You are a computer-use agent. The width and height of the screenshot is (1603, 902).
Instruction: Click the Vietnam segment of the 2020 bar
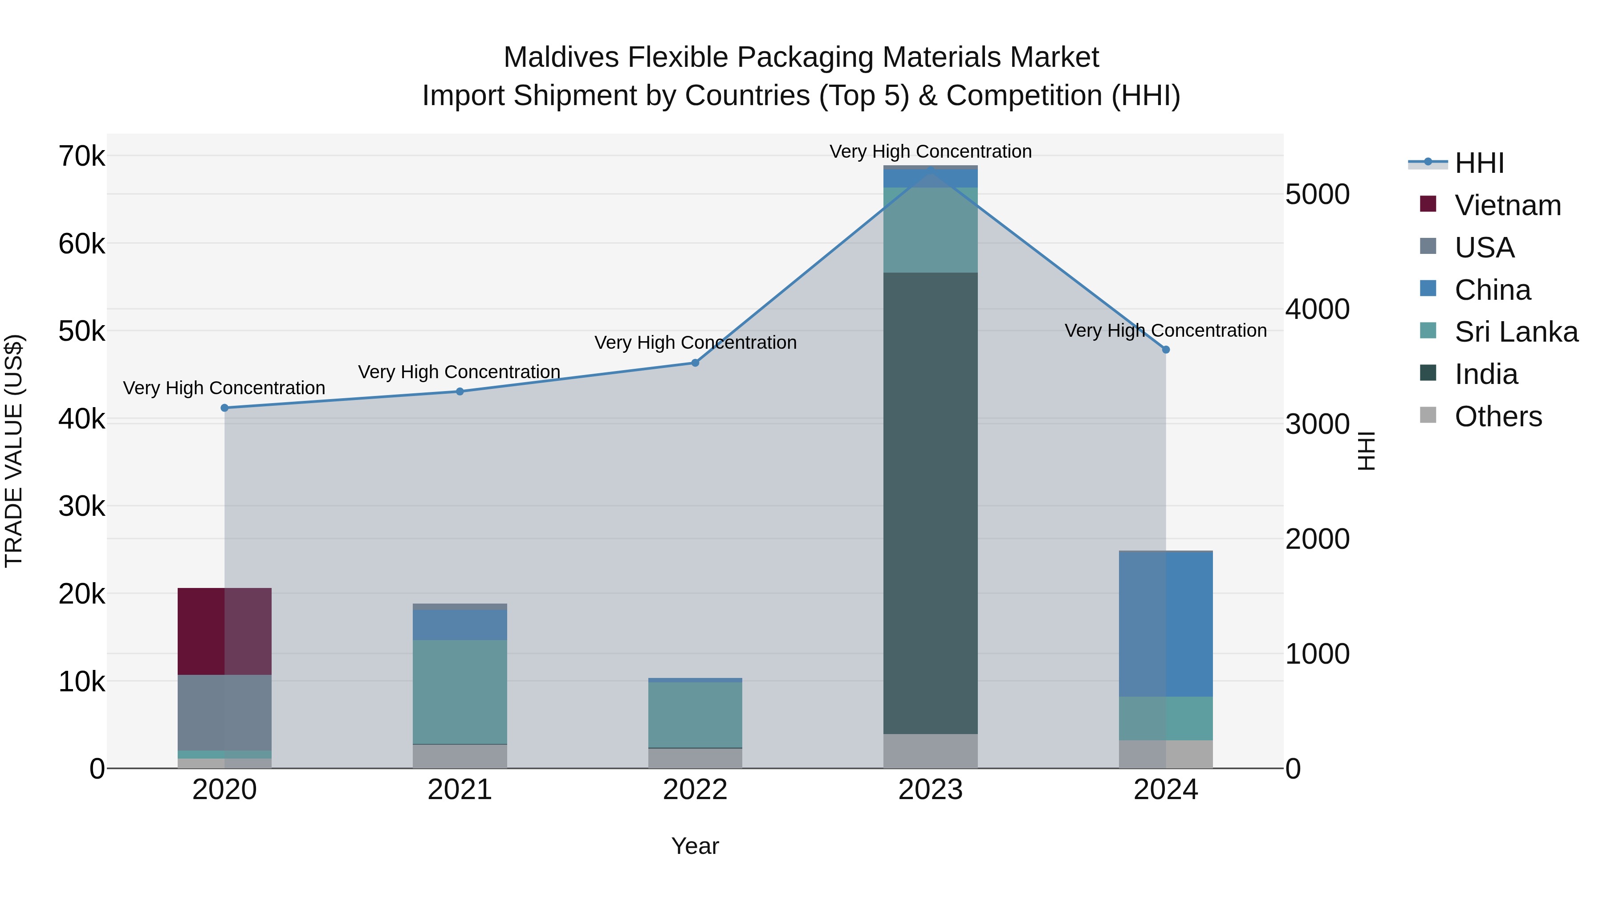pyautogui.click(x=225, y=631)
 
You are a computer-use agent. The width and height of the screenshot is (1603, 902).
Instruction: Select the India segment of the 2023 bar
pyautogui.click(x=930, y=503)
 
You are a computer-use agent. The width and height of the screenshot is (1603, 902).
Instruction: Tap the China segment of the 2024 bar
pyautogui.click(x=1166, y=624)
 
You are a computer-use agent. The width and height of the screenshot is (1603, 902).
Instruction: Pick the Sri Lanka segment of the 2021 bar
pyautogui.click(x=460, y=692)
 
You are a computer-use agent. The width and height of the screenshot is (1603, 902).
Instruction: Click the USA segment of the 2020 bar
pyautogui.click(x=225, y=712)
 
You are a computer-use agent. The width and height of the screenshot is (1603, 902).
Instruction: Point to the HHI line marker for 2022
pyautogui.click(x=695, y=363)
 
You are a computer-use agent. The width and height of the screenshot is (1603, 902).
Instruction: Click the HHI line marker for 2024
pyautogui.click(x=1166, y=350)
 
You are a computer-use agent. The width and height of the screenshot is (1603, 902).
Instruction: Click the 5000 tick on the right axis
pyautogui.click(x=1317, y=194)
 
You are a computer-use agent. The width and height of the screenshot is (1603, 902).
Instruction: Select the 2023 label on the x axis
pyautogui.click(x=930, y=790)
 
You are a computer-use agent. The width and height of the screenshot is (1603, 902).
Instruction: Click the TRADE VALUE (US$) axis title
pyautogui.click(x=14, y=451)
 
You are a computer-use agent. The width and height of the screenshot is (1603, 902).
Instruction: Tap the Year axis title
pyautogui.click(x=695, y=846)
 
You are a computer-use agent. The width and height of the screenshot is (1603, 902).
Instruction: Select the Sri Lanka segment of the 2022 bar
pyautogui.click(x=695, y=714)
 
